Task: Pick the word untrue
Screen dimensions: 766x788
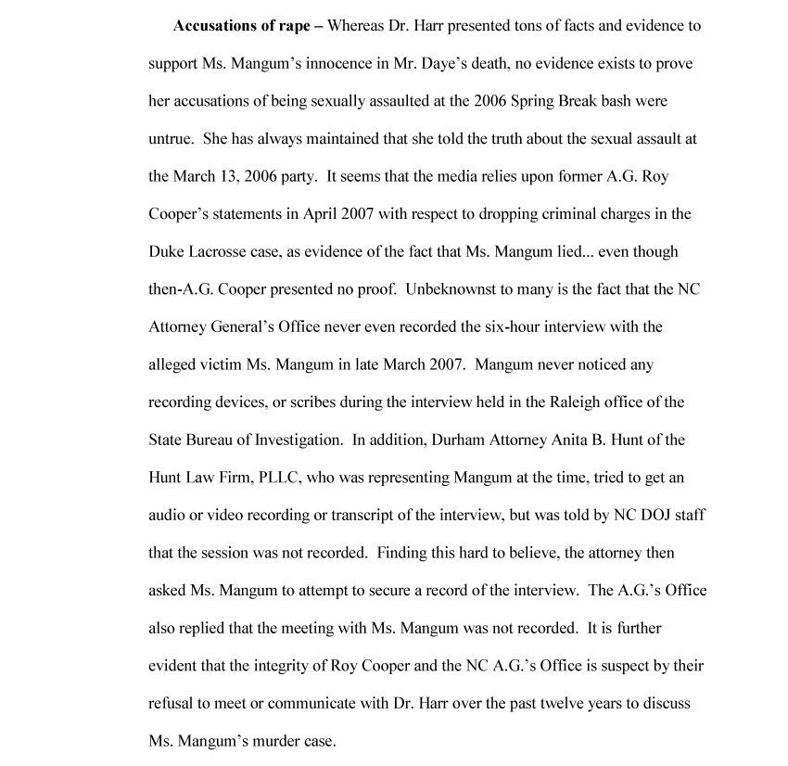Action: pyautogui.click(x=171, y=139)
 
